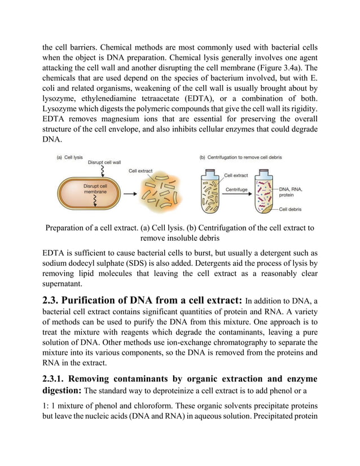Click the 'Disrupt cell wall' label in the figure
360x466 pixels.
(105, 162)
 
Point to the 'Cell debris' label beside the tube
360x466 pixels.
(292, 209)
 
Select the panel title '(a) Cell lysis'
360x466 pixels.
(69, 157)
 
